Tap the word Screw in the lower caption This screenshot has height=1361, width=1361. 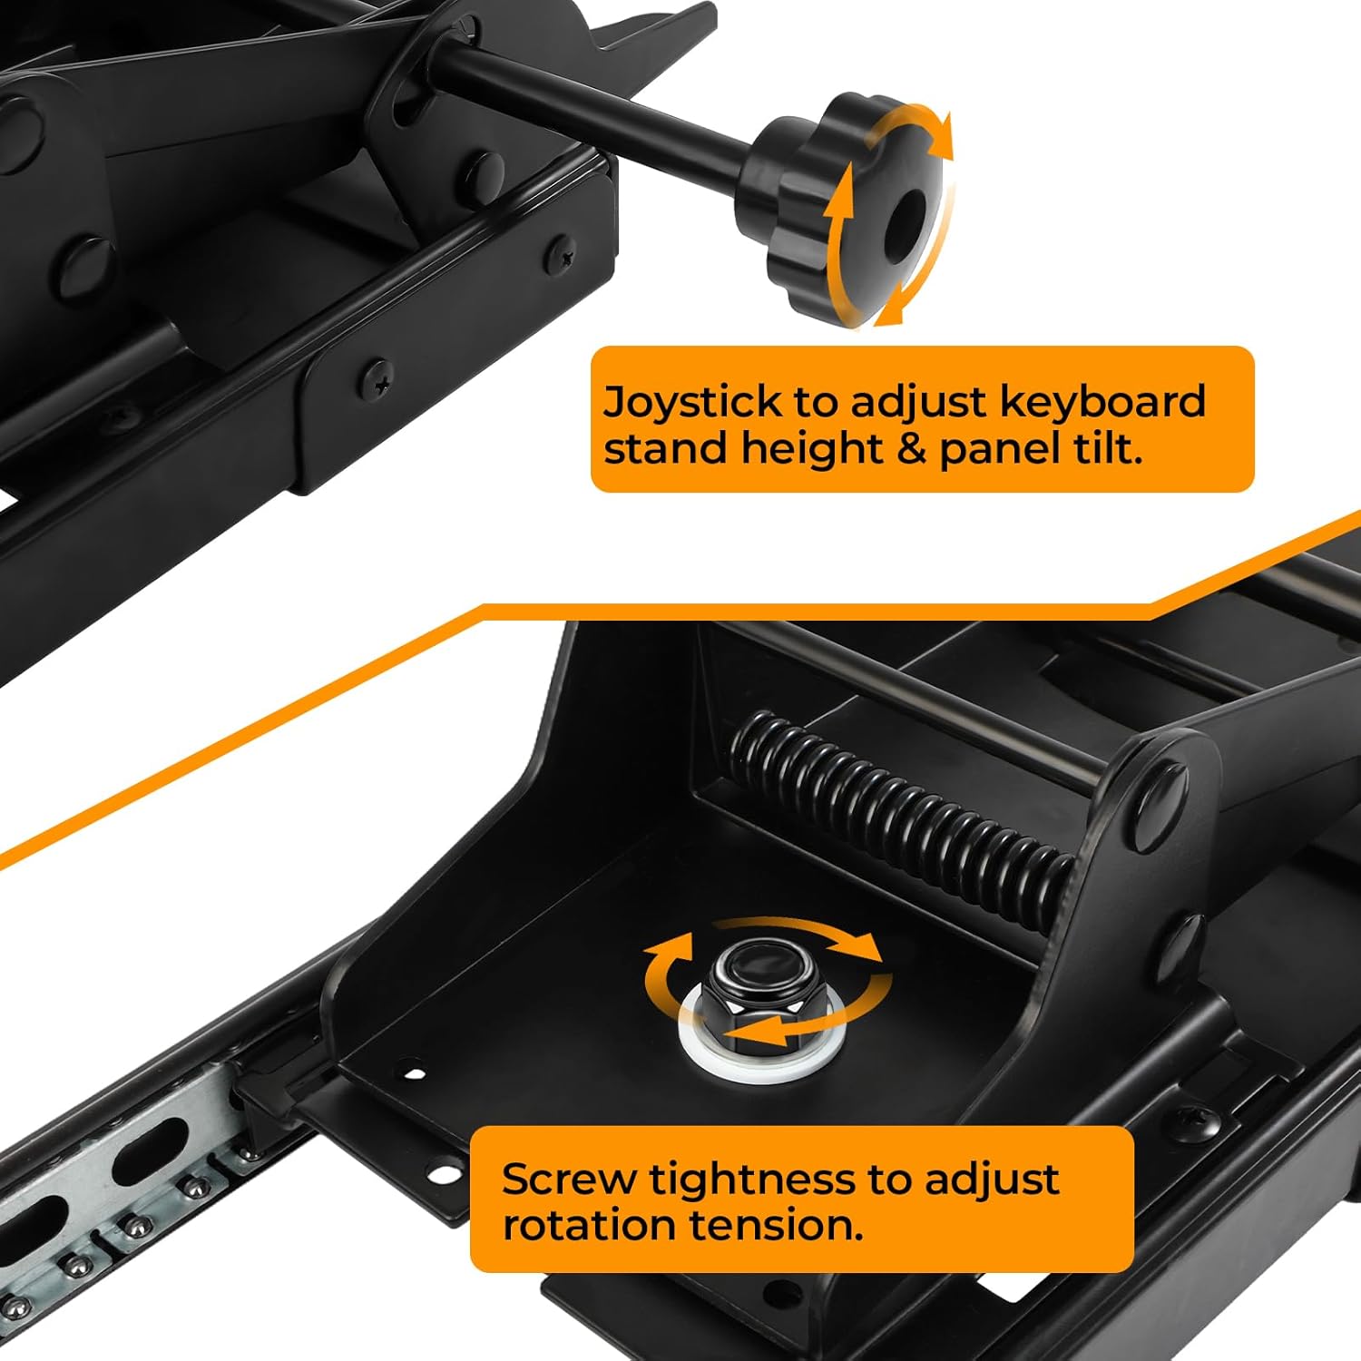(x=569, y=1179)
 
